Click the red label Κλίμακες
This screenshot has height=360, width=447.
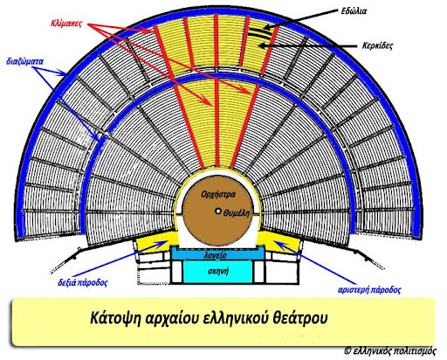pos(66,24)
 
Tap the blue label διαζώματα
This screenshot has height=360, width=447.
pos(24,62)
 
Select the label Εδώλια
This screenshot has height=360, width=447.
pos(354,11)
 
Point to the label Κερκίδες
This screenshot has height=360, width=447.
pos(377,45)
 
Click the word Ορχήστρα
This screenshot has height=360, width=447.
pos(218,194)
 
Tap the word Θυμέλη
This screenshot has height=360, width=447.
pos(237,213)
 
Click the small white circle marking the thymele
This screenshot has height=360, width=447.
pos(217,211)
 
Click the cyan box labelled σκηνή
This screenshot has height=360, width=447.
pos(217,272)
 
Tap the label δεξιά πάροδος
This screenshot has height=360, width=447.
pos(83,282)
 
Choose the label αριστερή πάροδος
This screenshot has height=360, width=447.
pos(369,290)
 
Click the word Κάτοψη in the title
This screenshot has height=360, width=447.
pos(115,318)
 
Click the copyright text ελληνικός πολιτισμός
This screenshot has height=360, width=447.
pos(395,351)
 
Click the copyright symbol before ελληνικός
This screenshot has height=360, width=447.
pos(347,350)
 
